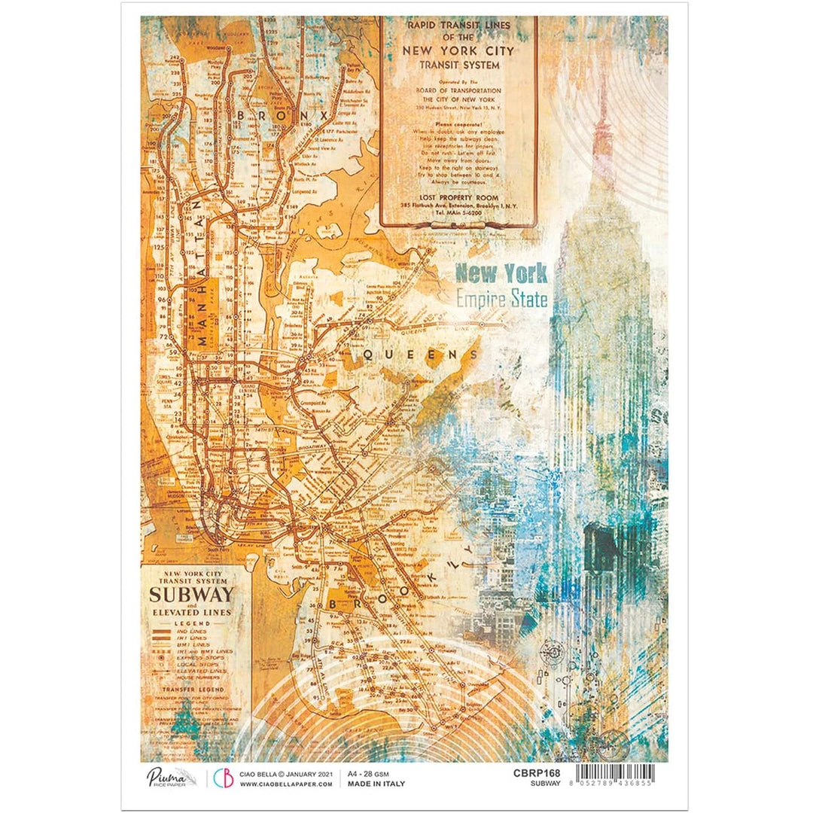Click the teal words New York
[x=501, y=273]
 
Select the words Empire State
[x=501, y=299]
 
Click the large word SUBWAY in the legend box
[x=191, y=595]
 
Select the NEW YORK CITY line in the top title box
[x=458, y=51]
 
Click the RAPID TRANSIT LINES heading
[x=458, y=25]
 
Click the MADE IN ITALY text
[x=376, y=784]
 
